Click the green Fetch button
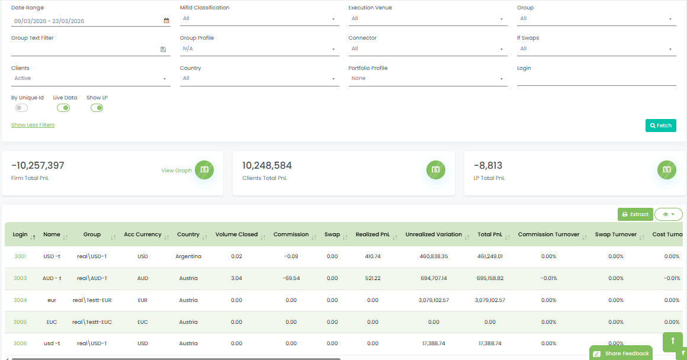[x=660, y=126]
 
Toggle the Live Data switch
[x=63, y=108]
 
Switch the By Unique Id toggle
[x=21, y=108]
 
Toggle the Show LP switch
[x=97, y=108]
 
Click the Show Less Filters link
[x=33, y=125]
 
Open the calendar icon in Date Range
[x=166, y=21]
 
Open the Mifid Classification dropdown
[x=259, y=19]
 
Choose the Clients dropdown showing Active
[x=91, y=79]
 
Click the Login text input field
[x=596, y=79]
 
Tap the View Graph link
[x=176, y=171]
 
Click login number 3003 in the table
[x=20, y=278]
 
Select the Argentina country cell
[x=188, y=256]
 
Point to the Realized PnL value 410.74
[x=373, y=256]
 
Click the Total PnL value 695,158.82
[x=490, y=278]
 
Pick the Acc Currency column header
[x=142, y=234]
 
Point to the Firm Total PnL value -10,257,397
[x=38, y=166]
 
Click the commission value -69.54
[x=291, y=278]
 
